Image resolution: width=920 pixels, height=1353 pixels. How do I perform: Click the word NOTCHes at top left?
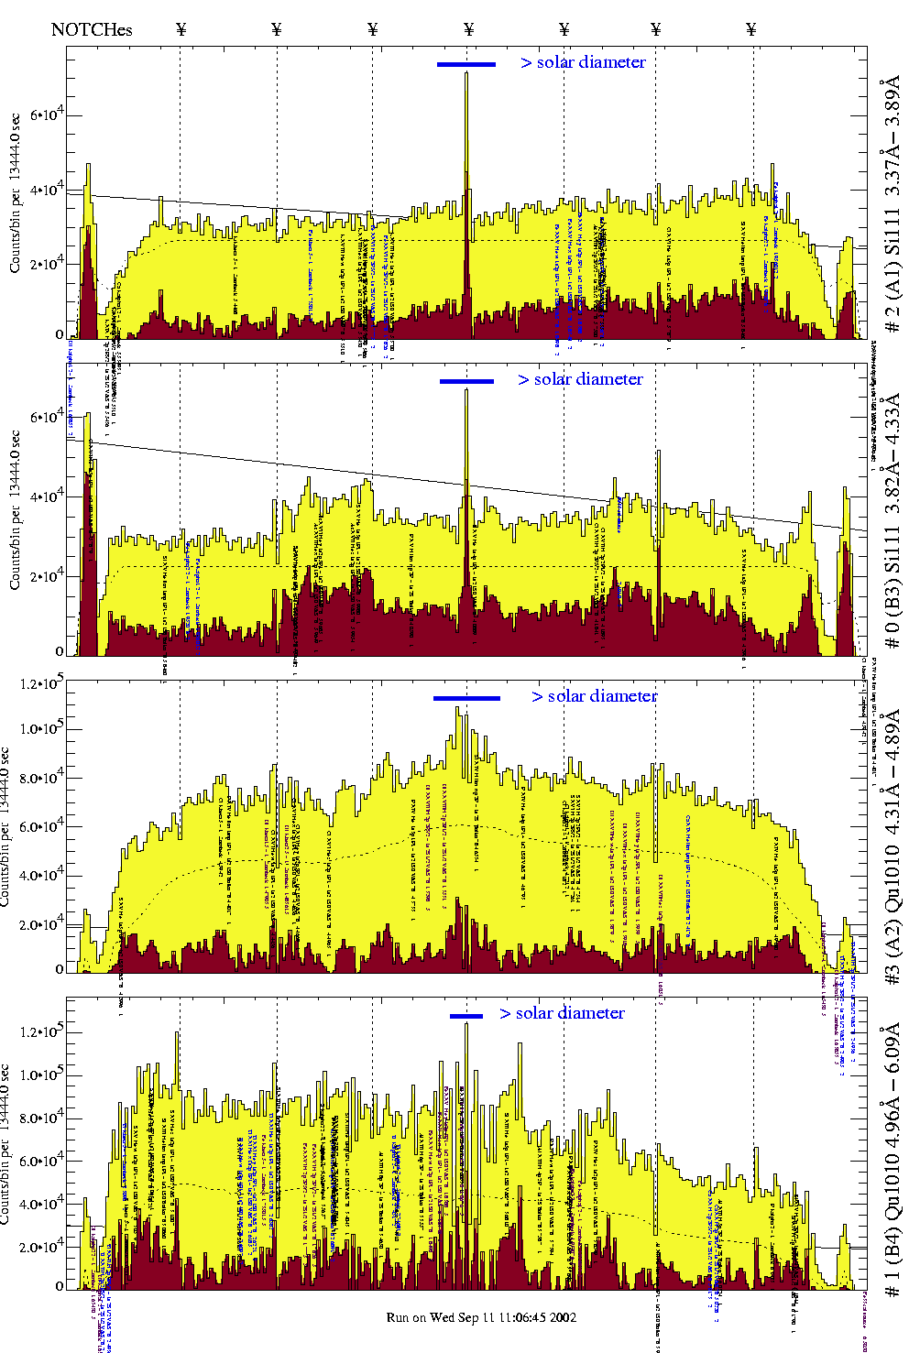pyautogui.click(x=92, y=29)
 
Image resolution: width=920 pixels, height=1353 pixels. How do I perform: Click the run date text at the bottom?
pyautogui.click(x=481, y=1317)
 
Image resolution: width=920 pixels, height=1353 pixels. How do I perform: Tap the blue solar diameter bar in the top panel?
pyautogui.click(x=466, y=64)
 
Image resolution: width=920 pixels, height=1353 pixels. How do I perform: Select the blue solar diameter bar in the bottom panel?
pyautogui.click(x=465, y=1016)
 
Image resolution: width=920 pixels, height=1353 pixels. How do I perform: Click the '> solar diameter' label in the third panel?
pyautogui.click(x=594, y=696)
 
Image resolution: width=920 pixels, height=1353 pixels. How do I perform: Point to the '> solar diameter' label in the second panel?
pyautogui.click(x=580, y=379)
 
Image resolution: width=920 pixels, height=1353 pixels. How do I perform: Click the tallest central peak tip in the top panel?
pyautogui.click(x=466, y=72)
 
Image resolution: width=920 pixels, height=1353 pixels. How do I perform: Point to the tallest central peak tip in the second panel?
pyautogui.click(x=466, y=390)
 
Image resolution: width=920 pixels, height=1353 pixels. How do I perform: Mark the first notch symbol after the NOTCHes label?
pyautogui.click(x=181, y=29)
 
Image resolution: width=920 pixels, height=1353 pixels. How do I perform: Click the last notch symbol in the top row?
pyautogui.click(x=751, y=29)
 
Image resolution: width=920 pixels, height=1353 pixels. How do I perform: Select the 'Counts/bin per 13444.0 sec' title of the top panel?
pyautogui.click(x=15, y=192)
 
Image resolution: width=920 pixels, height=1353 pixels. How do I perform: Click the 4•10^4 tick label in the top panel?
pyautogui.click(x=45, y=190)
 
